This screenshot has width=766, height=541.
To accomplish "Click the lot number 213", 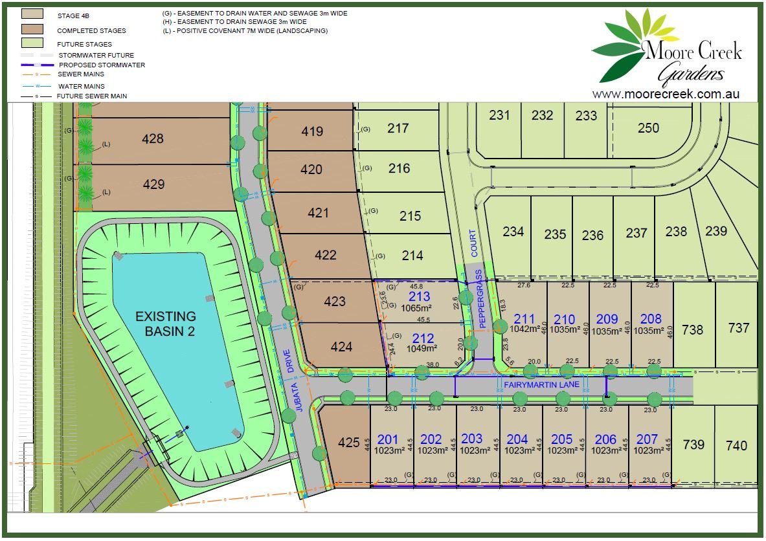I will [419, 297].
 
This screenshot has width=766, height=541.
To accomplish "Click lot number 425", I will [348, 443].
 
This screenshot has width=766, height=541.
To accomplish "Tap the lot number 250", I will [648, 127].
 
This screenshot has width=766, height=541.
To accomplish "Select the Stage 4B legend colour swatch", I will [32, 14].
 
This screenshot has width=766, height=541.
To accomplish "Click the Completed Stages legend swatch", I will [32, 29].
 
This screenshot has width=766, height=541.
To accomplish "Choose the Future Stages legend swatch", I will [32, 43].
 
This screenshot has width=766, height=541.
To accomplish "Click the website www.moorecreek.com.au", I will [666, 94].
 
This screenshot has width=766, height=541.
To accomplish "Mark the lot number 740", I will [736, 445].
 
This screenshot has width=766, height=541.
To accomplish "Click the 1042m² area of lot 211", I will [524, 329].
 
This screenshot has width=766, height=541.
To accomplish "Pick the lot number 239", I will [716, 231].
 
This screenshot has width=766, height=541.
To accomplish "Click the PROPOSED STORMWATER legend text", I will [102, 65].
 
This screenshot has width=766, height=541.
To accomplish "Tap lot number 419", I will [312, 131].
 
